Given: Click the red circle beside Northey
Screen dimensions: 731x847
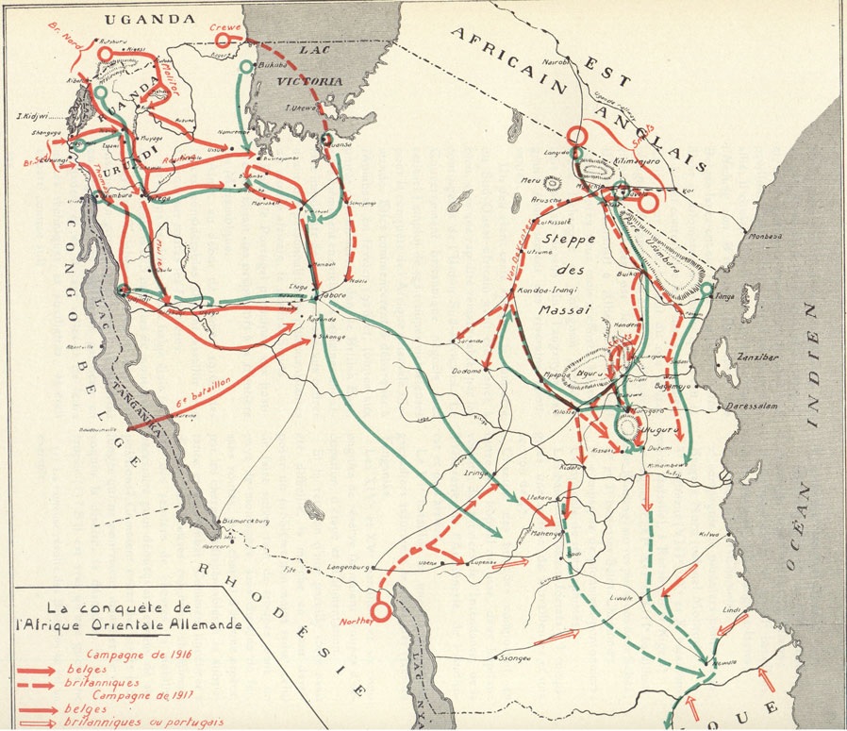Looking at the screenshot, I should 381,611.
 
